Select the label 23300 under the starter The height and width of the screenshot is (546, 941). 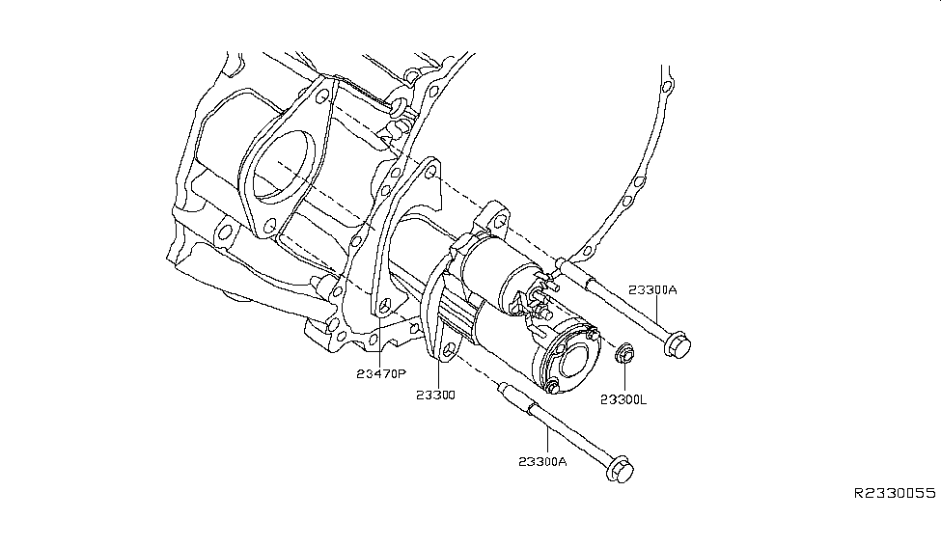435,395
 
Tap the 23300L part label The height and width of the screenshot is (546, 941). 625,398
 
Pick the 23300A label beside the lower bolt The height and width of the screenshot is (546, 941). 541,461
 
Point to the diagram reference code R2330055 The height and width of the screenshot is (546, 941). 894,493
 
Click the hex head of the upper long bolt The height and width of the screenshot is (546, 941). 678,343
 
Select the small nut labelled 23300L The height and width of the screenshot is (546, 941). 624,356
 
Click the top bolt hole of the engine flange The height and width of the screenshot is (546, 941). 321,95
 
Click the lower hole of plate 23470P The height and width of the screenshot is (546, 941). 385,306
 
